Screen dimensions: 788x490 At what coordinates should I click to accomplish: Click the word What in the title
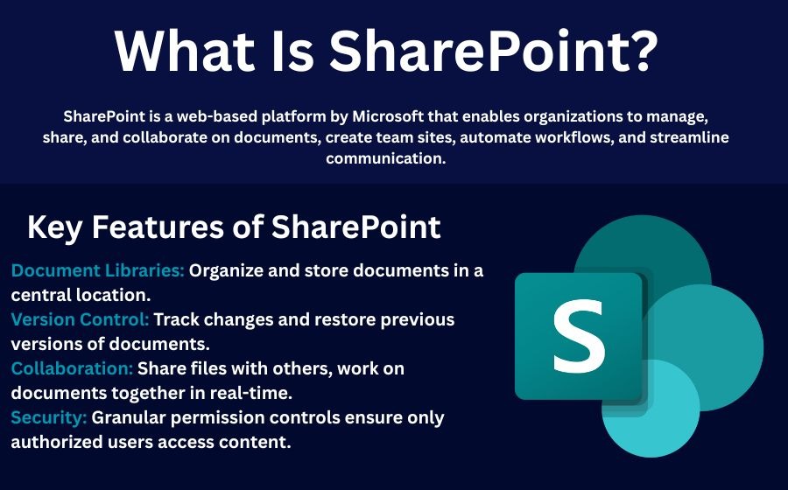pyautogui.click(x=185, y=52)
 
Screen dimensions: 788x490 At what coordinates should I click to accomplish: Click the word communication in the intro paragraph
pyautogui.click(x=385, y=158)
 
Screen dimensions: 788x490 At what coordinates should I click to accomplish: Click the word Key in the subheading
pyautogui.click(x=55, y=227)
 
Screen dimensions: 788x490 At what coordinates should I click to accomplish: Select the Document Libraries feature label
pyautogui.click(x=98, y=270)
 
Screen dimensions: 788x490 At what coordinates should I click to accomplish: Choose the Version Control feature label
pyautogui.click(x=81, y=319)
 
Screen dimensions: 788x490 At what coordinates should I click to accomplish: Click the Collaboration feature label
pyautogui.click(x=72, y=368)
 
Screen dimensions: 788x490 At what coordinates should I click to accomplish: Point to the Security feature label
pyautogui.click(x=49, y=417)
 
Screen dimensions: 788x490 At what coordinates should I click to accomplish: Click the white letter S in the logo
pyautogui.click(x=579, y=336)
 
